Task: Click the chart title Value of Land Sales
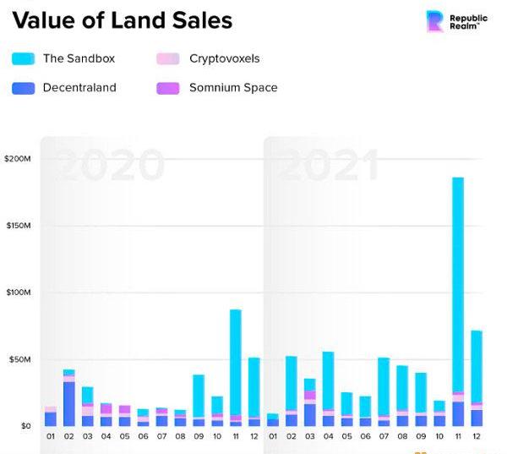click(x=123, y=20)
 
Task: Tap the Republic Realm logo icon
click(x=435, y=21)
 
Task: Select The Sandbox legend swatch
click(x=23, y=59)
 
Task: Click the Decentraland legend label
click(x=79, y=87)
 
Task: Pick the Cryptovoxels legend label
click(x=225, y=59)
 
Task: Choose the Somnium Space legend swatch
click(x=168, y=87)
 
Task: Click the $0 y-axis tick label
click(x=25, y=426)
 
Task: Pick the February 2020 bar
click(x=69, y=397)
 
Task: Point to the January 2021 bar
click(x=273, y=419)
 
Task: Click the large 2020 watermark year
click(x=112, y=165)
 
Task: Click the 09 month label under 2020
click(x=199, y=438)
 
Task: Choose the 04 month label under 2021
click(x=328, y=438)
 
